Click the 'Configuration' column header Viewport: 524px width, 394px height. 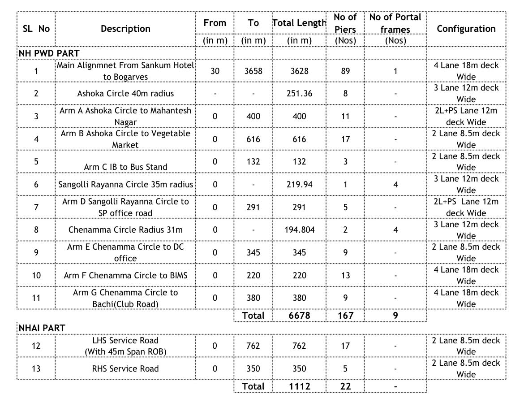click(466, 29)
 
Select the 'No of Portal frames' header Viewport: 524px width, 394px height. click(395, 23)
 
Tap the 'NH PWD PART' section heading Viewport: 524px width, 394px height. click(49, 53)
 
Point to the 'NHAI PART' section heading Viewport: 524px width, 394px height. click(42, 328)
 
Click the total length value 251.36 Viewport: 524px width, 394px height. click(299, 94)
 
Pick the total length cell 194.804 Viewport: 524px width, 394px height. click(299, 230)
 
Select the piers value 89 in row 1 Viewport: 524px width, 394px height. click(345, 71)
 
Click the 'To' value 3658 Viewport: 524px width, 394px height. click(253, 71)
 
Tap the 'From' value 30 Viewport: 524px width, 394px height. click(215, 71)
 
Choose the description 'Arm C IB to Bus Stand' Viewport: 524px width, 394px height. click(125, 167)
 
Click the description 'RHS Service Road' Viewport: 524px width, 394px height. click(125, 368)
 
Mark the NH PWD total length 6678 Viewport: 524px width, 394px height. click(299, 316)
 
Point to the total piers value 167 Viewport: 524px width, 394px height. click(345, 316)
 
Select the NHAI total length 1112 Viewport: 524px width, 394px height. click(299, 386)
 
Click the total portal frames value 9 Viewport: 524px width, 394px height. click(395, 316)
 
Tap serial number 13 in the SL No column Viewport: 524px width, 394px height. click(36, 368)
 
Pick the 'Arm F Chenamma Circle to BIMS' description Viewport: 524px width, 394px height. click(125, 275)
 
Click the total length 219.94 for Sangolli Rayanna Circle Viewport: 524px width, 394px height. click(299, 184)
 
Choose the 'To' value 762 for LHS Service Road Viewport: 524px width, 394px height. click(253, 346)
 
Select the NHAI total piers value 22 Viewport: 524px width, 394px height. click(345, 386)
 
